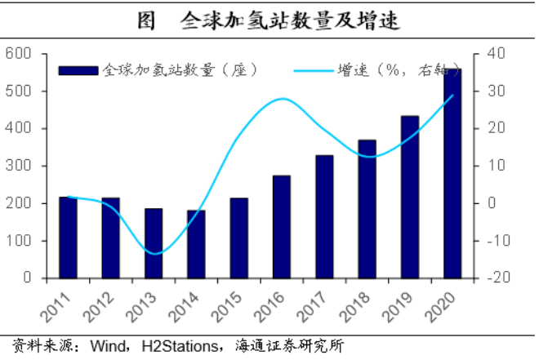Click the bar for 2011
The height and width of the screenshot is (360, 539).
(x=68, y=237)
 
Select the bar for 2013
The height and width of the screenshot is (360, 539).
(x=154, y=242)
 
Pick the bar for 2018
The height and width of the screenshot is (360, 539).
(x=367, y=208)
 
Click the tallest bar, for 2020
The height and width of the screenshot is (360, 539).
(x=452, y=173)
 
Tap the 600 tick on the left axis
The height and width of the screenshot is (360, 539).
(x=17, y=54)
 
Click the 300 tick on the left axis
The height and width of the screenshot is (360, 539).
(x=17, y=166)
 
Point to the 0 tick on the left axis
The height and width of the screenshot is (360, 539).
(x=25, y=278)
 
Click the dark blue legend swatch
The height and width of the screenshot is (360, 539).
(x=79, y=71)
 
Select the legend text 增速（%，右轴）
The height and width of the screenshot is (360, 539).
(x=390, y=71)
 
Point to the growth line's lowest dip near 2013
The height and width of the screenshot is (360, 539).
(x=154, y=254)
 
